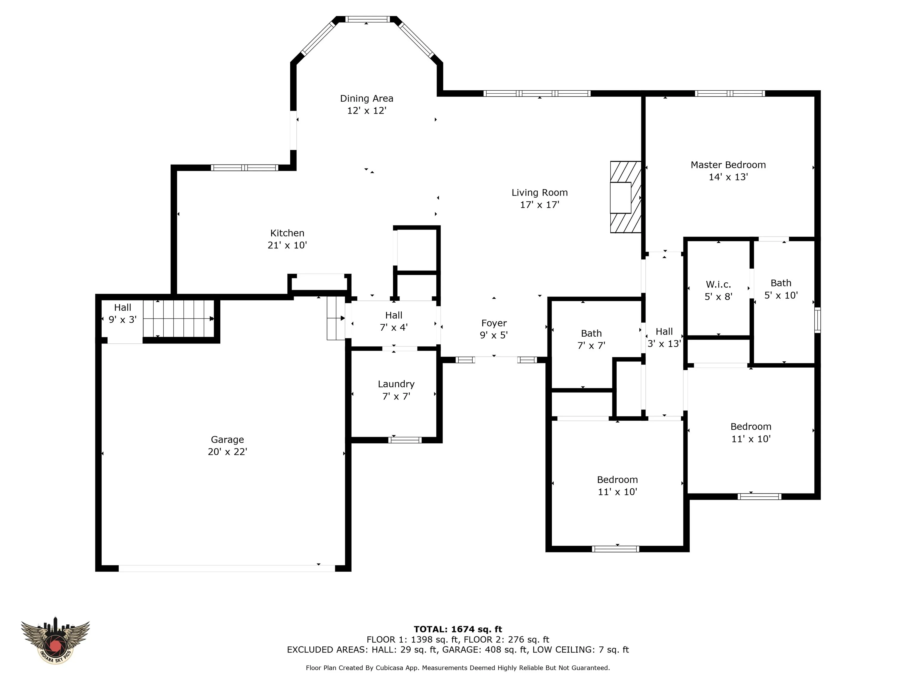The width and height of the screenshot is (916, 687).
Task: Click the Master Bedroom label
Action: click(728, 165)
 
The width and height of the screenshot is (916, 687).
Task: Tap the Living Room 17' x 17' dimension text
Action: click(540, 205)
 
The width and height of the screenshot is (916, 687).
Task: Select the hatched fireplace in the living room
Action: click(626, 197)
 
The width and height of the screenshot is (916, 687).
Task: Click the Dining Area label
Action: click(366, 99)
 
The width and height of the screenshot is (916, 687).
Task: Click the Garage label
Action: click(227, 440)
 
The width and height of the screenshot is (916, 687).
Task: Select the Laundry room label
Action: click(396, 384)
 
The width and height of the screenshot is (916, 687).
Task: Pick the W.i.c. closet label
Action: click(719, 284)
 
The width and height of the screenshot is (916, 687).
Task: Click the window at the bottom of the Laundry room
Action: click(405, 440)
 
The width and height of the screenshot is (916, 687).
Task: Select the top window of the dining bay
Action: click(367, 19)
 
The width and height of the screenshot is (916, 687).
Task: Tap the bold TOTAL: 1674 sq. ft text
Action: click(458, 629)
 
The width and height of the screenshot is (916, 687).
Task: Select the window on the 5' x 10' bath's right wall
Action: click(817, 320)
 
